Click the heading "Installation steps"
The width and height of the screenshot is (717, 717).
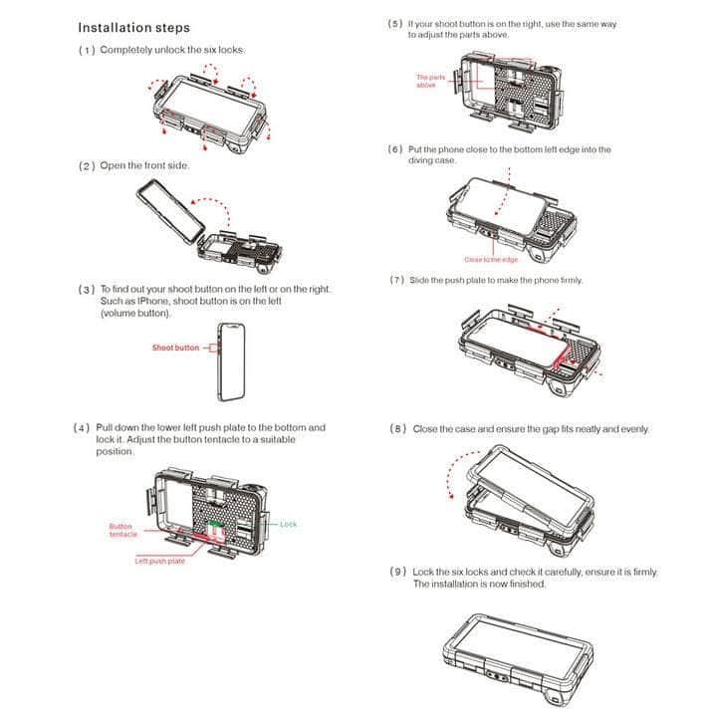(x=133, y=28)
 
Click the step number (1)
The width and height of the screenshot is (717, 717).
(x=87, y=50)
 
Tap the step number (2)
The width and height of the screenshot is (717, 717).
(x=87, y=165)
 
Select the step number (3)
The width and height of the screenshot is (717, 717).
(x=87, y=290)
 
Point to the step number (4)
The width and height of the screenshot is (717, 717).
(x=83, y=428)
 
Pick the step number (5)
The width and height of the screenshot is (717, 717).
(x=395, y=23)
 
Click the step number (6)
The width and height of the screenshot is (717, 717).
(x=395, y=149)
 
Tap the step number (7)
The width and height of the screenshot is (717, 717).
(x=397, y=281)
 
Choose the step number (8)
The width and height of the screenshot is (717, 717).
(x=397, y=429)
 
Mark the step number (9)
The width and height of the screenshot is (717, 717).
(x=397, y=573)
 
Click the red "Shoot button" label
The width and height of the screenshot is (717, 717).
(x=175, y=349)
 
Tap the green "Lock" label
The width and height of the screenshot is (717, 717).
(x=288, y=524)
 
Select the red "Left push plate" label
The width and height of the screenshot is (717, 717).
(x=159, y=562)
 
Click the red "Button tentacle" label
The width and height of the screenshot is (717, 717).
(x=123, y=530)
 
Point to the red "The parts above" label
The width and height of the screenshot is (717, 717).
(x=430, y=81)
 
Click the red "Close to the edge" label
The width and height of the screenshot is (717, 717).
(x=519, y=260)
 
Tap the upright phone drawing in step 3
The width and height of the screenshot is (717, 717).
(x=227, y=360)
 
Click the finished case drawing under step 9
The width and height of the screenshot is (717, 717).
(x=518, y=647)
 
